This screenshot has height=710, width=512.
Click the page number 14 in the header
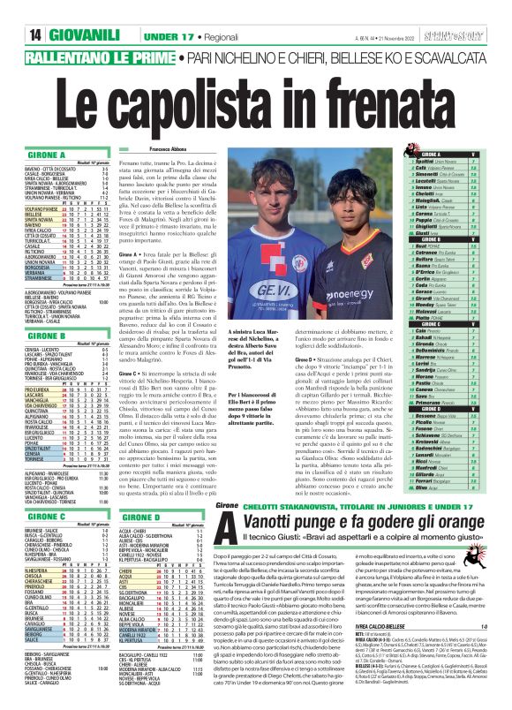pyautogui.click(x=15, y=11)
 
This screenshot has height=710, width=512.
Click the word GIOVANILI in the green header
pyautogui.click(x=56, y=11)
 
